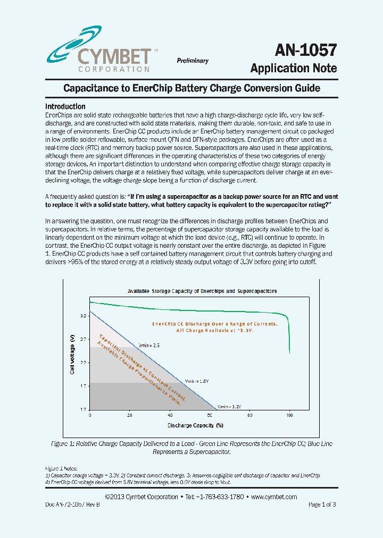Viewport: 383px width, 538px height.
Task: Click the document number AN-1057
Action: point(306,50)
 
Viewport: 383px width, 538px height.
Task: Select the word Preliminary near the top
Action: point(193,61)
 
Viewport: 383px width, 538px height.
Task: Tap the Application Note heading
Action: point(294,68)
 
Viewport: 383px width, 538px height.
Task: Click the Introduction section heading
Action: point(65,106)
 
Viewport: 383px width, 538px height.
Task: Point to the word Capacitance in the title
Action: point(87,88)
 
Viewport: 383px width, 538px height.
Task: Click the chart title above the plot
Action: point(202,291)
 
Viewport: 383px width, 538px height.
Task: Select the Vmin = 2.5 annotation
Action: point(148,344)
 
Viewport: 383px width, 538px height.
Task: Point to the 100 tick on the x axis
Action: point(289,415)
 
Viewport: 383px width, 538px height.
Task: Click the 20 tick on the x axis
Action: point(130,415)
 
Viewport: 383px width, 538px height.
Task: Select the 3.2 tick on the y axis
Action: point(83,315)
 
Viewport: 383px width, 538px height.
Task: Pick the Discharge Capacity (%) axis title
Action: point(195,425)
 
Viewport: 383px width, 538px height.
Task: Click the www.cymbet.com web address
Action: point(273,497)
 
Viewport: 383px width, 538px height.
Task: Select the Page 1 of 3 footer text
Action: point(322,505)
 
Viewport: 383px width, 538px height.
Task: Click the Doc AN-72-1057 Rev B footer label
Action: point(72,505)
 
